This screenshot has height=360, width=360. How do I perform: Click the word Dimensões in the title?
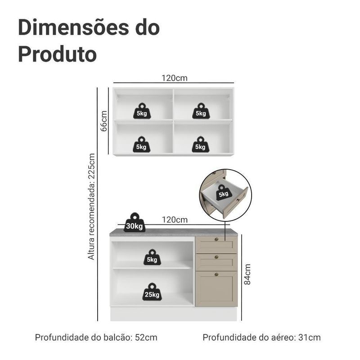73,27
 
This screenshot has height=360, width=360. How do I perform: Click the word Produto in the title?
58,54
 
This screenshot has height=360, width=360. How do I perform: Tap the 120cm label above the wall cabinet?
175,78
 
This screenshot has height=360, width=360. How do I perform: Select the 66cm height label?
104,121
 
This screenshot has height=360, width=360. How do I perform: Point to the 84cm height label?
247,274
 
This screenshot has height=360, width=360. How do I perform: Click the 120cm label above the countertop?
175,220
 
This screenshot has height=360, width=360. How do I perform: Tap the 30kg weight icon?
135,222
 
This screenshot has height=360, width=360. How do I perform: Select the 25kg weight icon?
152,292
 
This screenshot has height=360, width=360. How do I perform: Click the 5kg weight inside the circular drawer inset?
224,193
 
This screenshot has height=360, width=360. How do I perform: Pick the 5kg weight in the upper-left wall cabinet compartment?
142,111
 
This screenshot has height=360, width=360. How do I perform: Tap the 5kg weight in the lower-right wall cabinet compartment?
201,144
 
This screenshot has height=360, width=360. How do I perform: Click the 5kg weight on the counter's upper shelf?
152,257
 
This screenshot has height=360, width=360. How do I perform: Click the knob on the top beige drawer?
216,239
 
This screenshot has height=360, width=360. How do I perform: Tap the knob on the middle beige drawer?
216,257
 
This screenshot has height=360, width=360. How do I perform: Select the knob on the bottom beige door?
216,274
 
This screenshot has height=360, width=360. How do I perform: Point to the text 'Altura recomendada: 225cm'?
91,207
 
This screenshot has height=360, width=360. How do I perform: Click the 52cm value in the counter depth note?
146,337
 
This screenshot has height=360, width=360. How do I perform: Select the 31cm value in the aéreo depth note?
310,337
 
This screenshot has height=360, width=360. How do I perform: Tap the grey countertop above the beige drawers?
216,232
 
